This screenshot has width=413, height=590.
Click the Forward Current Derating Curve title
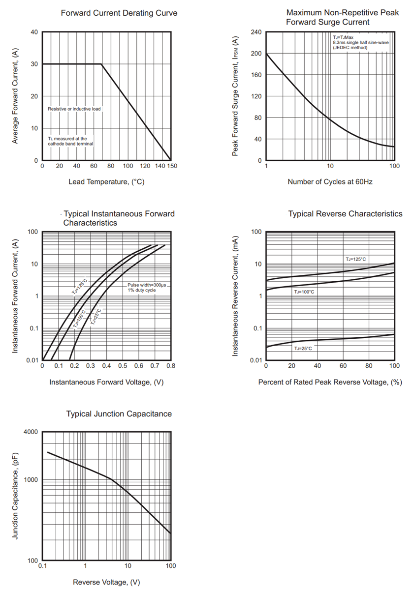[119, 13]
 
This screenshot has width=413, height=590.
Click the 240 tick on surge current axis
[256, 32]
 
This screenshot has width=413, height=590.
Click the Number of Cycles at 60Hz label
[330, 182]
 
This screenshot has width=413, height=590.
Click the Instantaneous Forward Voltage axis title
[106, 382]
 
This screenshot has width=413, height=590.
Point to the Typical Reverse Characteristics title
[345, 214]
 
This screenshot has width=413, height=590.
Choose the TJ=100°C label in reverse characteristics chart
[304, 292]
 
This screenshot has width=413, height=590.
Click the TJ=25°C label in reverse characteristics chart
[303, 348]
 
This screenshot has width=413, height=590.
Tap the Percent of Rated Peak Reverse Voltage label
[330, 382]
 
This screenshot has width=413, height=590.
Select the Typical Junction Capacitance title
[119, 414]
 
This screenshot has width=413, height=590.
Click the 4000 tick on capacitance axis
[31, 432]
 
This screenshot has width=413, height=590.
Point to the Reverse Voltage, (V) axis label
[106, 583]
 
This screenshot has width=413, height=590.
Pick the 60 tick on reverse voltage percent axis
[343, 366]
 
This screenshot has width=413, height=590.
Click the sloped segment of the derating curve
[136, 113]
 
